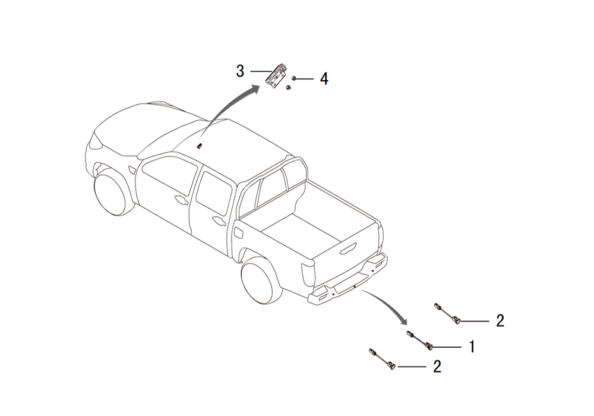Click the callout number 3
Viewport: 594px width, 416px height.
(240, 71)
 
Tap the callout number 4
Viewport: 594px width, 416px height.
(324, 79)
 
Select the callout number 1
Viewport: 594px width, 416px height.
(472, 346)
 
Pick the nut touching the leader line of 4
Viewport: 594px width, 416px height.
(293, 78)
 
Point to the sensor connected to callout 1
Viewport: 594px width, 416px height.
(420, 340)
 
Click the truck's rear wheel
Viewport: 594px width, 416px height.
(262, 281)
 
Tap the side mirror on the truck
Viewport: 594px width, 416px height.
(132, 169)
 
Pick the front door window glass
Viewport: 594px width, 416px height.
(169, 175)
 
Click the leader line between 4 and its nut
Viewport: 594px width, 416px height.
(305, 79)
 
